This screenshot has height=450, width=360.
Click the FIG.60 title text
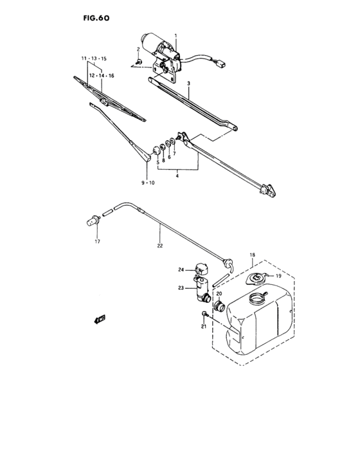(95, 19)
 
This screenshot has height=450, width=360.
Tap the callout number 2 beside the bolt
(138, 50)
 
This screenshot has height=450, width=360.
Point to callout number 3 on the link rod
(189, 84)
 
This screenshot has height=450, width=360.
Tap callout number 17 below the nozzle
(98, 242)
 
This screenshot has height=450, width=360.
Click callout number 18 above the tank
(252, 255)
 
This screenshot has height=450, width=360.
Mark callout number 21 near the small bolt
(204, 327)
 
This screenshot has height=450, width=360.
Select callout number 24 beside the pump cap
(181, 269)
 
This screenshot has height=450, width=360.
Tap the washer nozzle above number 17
(93, 220)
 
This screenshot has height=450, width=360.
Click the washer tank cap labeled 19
(257, 278)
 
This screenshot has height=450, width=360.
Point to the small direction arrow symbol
(99, 318)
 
